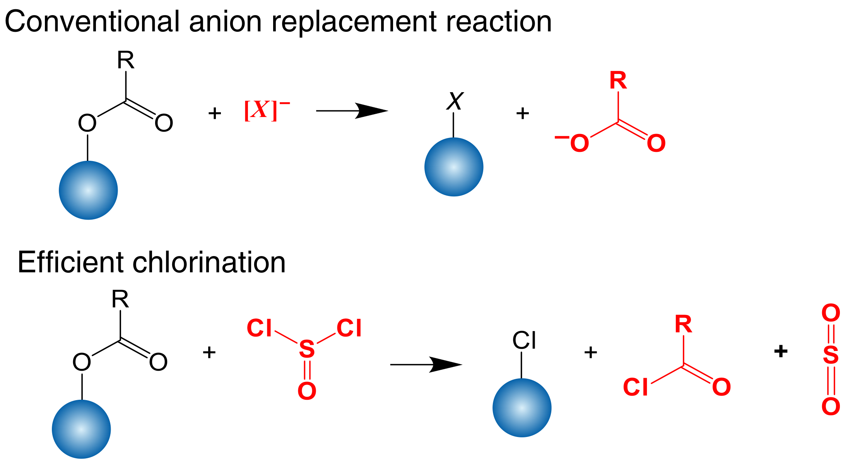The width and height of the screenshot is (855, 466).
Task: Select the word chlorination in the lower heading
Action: (x=209, y=263)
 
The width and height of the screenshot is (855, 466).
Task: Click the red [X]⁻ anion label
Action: (x=266, y=110)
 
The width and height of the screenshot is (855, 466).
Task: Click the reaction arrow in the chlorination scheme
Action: (x=426, y=365)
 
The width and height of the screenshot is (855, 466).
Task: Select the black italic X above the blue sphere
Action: (x=455, y=101)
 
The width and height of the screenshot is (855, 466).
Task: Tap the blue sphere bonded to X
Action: (x=454, y=167)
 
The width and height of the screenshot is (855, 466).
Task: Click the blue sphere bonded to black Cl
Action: (x=522, y=408)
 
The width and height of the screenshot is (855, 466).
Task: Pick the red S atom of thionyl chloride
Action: (x=307, y=349)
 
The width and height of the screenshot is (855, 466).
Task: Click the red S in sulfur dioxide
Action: (x=831, y=355)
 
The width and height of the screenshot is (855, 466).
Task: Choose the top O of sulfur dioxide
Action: (x=831, y=313)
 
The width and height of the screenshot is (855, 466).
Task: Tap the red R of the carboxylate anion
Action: (x=618, y=81)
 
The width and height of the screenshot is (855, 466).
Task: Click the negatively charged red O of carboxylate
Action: (x=579, y=143)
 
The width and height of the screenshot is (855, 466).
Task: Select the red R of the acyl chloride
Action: (x=683, y=324)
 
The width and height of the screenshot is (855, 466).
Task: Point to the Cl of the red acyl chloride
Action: (x=635, y=387)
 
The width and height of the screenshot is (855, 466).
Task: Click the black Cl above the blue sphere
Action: (x=524, y=340)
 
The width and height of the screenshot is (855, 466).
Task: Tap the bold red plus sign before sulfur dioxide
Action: (x=781, y=351)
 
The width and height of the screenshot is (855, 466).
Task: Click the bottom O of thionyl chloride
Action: (x=307, y=391)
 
